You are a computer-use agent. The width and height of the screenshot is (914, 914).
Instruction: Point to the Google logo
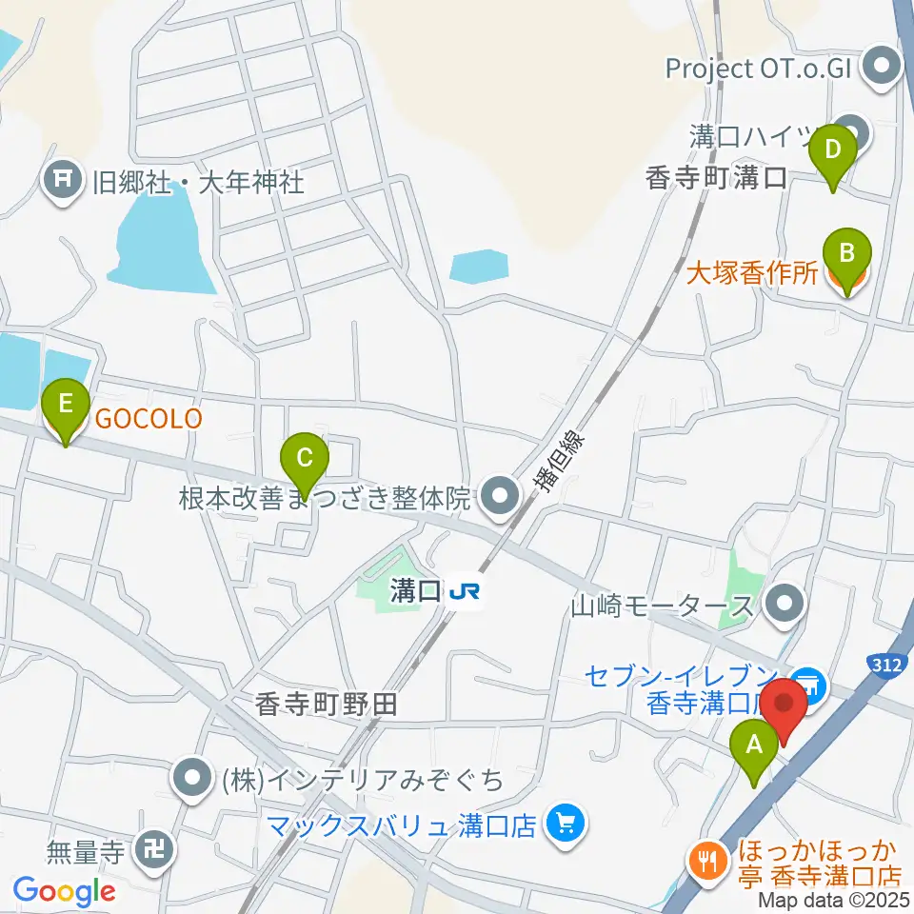pos(65,891)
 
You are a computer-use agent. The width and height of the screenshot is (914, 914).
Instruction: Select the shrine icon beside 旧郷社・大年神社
pos(63,180)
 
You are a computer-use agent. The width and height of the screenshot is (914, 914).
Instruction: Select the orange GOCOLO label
pos(147,419)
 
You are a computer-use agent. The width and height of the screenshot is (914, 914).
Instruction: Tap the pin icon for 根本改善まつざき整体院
pos(498,496)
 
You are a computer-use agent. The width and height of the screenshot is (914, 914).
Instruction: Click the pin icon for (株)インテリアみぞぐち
pos(192,779)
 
